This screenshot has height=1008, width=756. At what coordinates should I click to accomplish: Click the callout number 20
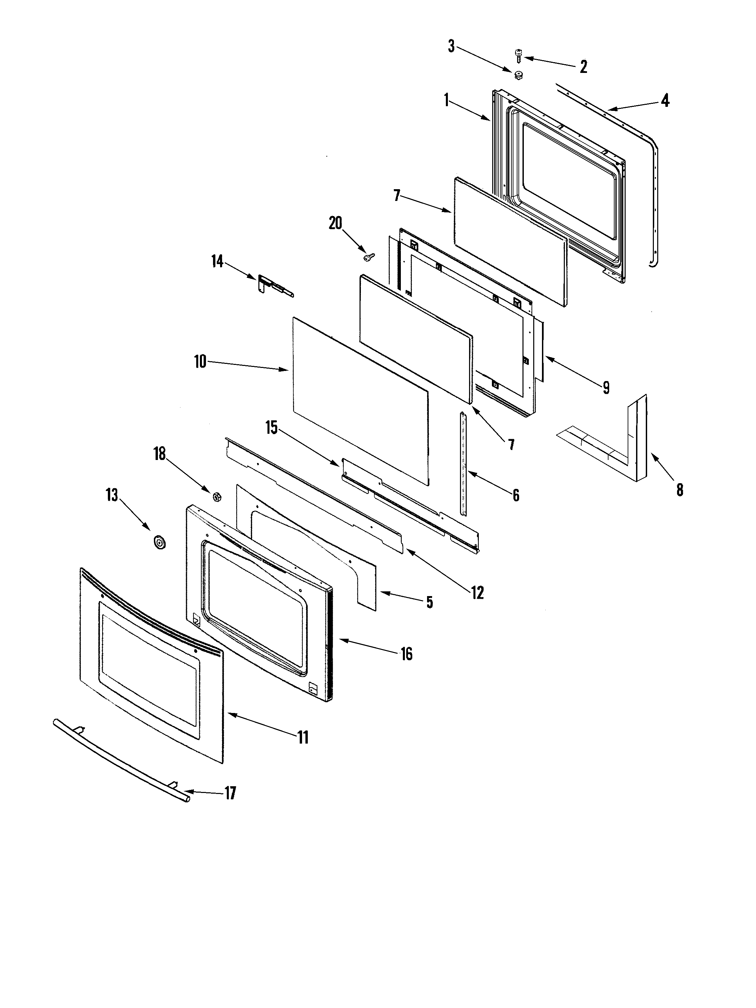pos(335,223)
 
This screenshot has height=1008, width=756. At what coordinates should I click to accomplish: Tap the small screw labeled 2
pos(518,56)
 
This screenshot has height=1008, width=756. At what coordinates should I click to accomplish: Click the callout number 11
pos(303,737)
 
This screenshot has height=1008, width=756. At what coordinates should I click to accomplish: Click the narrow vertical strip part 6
pos(463,463)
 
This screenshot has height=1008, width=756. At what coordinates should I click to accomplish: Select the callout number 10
pos(200,362)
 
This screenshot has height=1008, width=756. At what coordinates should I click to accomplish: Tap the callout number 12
pos(477,592)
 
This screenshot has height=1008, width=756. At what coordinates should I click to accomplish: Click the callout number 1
pos(447,100)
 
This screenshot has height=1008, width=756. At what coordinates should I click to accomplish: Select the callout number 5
pos(429,602)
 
